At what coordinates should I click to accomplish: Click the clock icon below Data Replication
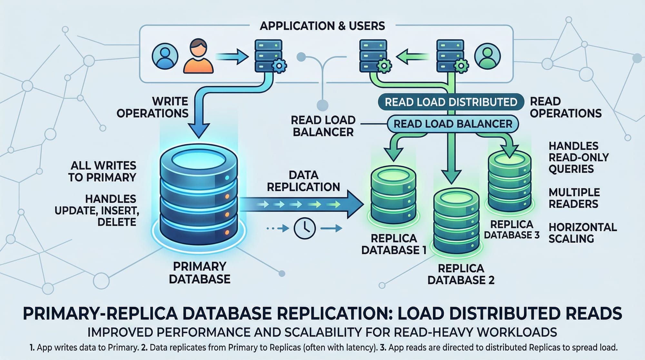point(304,228)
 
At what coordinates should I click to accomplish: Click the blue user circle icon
point(165,56)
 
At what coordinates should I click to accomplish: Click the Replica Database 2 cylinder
point(456,223)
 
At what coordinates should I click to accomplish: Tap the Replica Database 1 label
point(394,244)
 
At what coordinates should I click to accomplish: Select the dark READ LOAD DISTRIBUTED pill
point(451,102)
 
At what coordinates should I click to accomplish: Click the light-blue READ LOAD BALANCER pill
point(452,124)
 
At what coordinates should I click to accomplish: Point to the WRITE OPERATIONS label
point(153,107)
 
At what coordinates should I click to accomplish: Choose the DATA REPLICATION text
point(303,181)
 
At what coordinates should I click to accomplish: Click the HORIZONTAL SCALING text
point(582,233)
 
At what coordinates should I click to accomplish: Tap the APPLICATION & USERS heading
point(322,26)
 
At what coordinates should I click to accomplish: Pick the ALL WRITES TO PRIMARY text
point(102,172)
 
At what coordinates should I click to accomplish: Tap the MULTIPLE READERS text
point(574,198)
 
